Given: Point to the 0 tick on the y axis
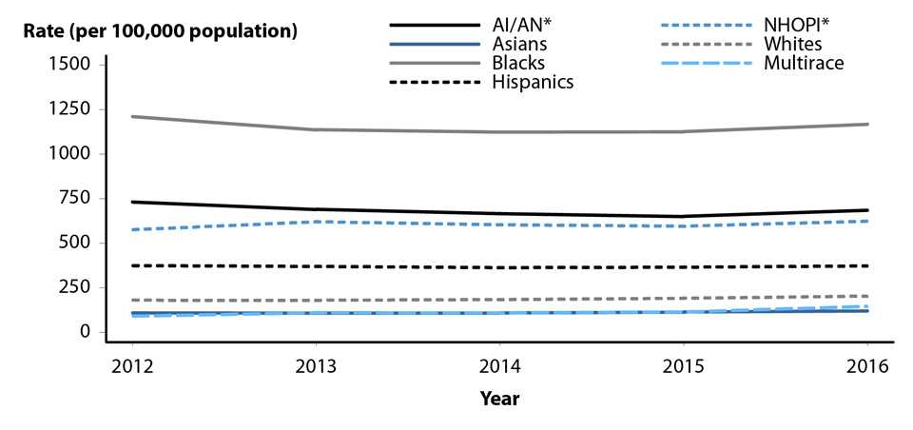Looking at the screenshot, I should click(85, 332).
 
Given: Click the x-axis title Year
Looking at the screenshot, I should click(499, 398).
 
